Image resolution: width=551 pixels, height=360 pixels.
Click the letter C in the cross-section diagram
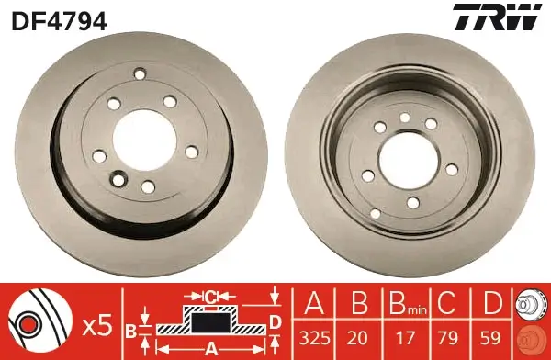pyautogui.click(x=211, y=297)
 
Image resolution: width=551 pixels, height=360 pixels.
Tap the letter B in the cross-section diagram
pyautogui.click(x=130, y=329)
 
